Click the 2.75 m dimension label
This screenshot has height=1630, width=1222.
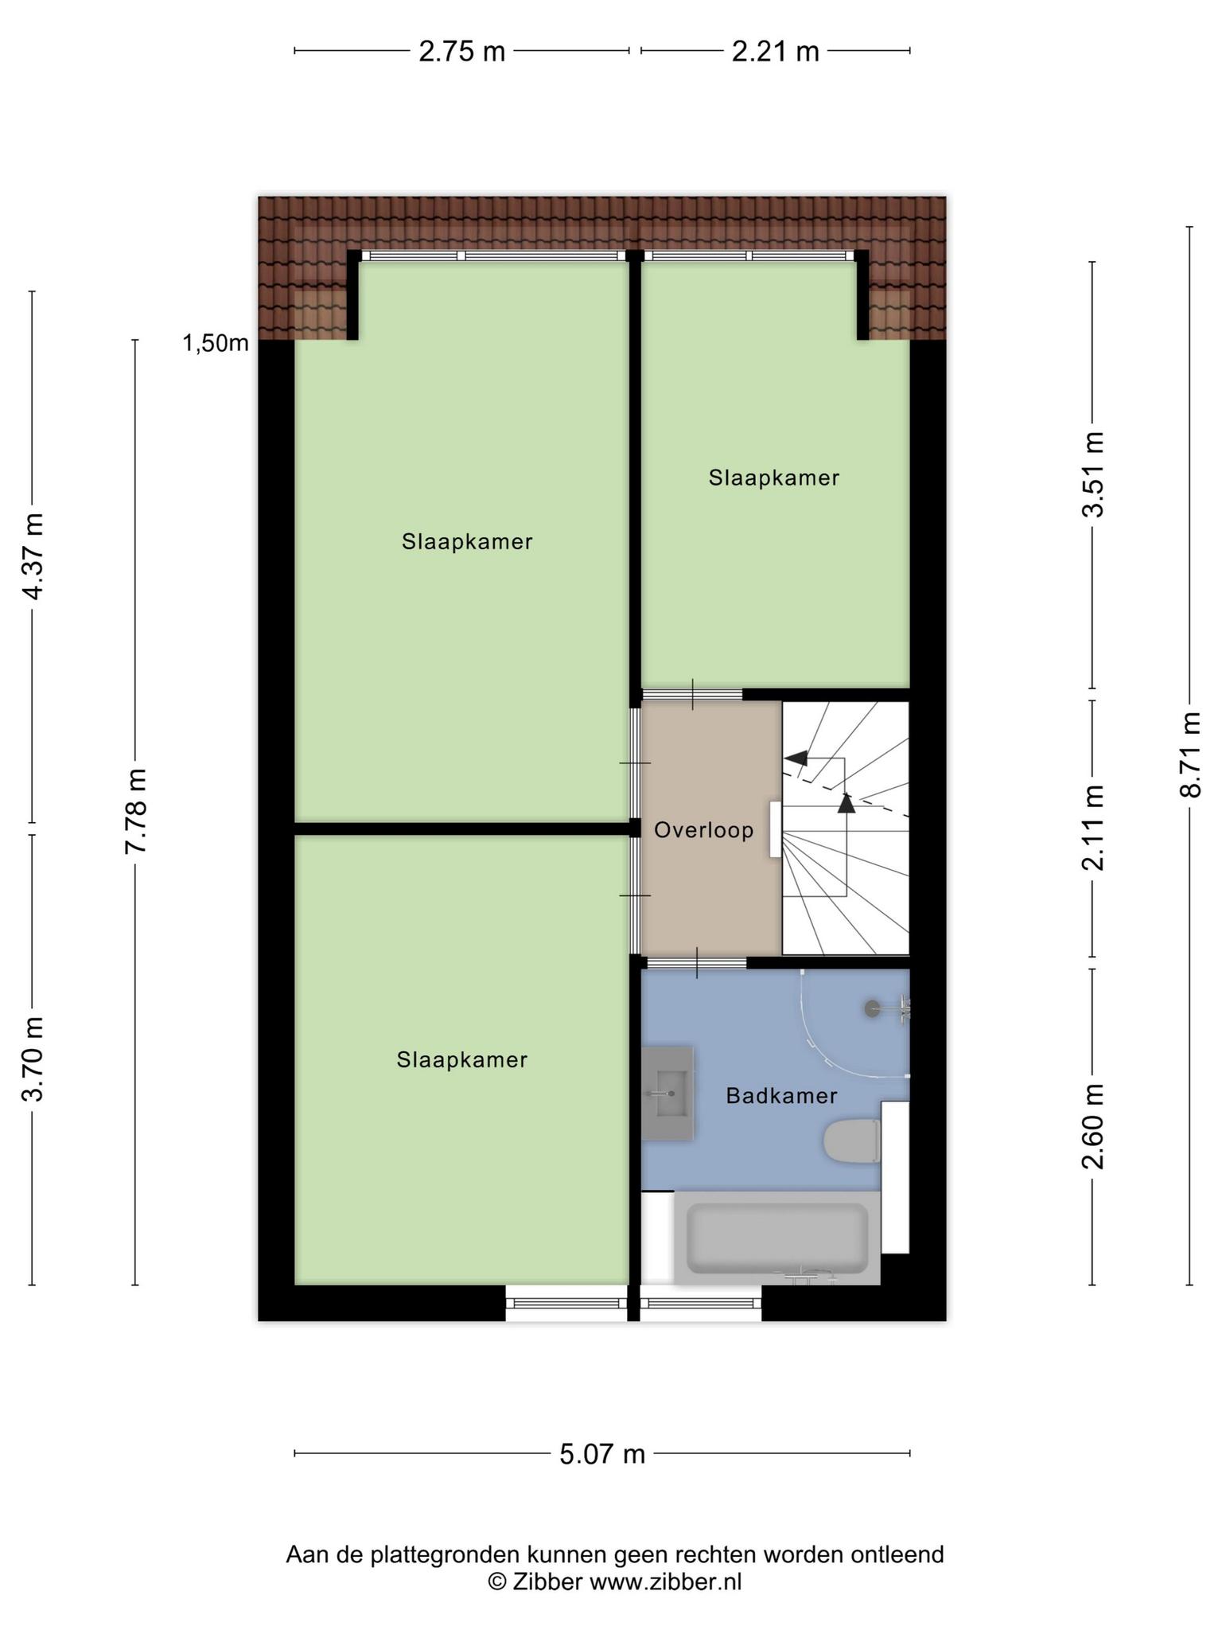(462, 52)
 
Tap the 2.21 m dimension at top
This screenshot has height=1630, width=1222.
(775, 52)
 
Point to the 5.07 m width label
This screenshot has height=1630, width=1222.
(602, 1454)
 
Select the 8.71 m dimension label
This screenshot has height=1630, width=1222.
(1189, 755)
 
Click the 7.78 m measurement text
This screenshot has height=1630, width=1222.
(135, 812)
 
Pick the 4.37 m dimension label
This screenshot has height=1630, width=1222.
(33, 557)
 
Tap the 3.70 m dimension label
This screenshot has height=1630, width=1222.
(33, 1059)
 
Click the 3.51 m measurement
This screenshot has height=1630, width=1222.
(1092, 475)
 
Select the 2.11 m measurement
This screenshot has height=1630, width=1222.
(1092, 828)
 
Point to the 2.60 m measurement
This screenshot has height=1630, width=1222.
(1092, 1127)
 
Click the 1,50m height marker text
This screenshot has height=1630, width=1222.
(216, 344)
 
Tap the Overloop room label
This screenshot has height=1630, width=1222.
(704, 831)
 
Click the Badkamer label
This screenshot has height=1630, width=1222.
(781, 1097)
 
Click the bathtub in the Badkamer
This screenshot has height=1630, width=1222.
(777, 1238)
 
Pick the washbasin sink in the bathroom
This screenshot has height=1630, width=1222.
(667, 1094)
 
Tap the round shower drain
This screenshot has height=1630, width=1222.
(873, 1008)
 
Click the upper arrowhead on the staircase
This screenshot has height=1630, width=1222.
(796, 758)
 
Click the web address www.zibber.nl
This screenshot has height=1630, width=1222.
(665, 1581)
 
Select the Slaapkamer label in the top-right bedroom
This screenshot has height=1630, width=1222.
(774, 478)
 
